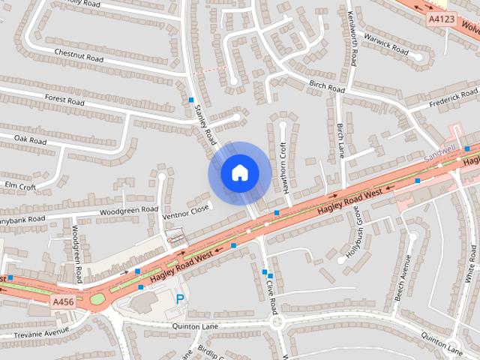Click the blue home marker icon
239,172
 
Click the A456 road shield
63,301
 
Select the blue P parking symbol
180,299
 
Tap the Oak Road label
31,140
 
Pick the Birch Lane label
340,139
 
